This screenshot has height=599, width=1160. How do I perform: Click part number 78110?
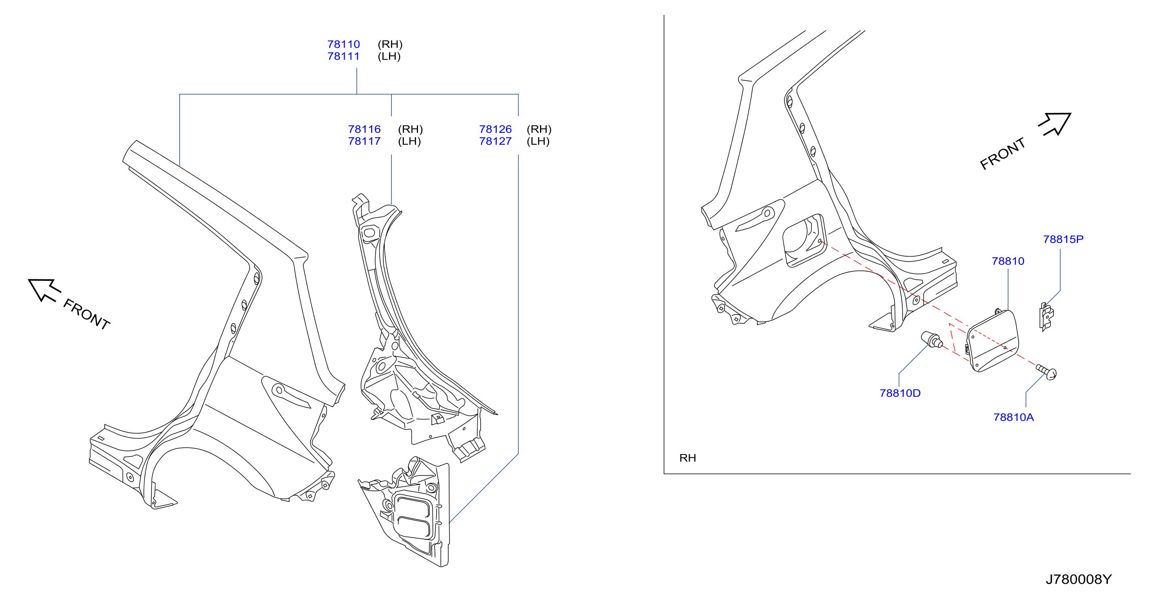click(344, 44)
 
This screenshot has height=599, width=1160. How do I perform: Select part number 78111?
click(344, 56)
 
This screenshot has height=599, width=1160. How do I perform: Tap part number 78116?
click(364, 129)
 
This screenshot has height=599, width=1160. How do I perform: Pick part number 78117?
click(364, 141)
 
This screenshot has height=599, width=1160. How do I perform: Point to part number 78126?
click(495, 129)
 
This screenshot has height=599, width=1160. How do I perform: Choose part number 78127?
click(495, 141)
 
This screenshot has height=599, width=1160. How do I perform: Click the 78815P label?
click(1063, 239)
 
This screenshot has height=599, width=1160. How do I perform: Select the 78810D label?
click(900, 393)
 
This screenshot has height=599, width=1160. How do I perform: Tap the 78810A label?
click(1014, 418)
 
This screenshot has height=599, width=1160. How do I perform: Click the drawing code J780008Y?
click(1078, 579)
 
